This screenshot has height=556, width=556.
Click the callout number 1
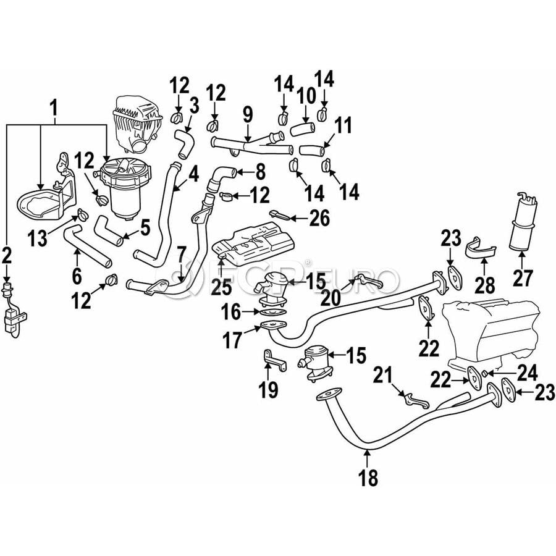(x=54, y=108)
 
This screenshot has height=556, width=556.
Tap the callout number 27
(x=522, y=278)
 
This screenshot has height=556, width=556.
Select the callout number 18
(x=368, y=478)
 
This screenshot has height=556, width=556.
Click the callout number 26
(x=319, y=218)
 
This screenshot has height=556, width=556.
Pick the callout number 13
(x=38, y=238)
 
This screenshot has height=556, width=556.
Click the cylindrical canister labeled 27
(x=523, y=222)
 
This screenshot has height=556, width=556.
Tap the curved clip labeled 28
(x=481, y=247)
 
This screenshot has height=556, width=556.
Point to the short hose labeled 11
(x=312, y=150)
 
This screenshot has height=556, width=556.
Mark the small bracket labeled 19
(x=274, y=360)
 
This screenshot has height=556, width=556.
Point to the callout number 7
(x=181, y=255)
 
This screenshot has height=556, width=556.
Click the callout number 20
(x=331, y=298)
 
